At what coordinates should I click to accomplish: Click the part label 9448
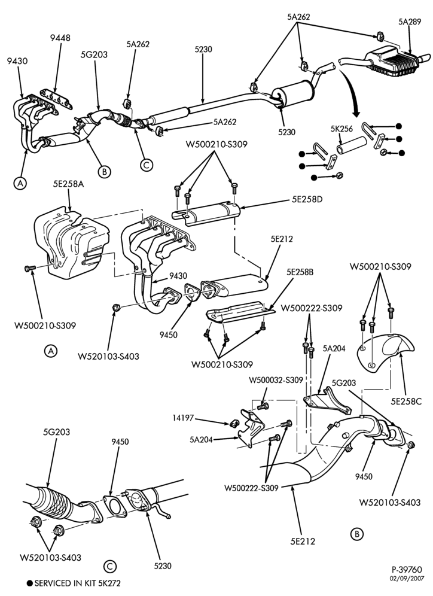tap(60, 38)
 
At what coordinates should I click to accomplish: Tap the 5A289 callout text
tap(410, 22)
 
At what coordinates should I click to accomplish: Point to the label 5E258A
tap(69, 185)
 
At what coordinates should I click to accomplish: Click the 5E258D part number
tap(307, 199)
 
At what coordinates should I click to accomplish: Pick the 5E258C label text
tap(406, 401)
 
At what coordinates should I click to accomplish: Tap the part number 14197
tap(182, 418)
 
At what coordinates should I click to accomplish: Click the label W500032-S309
tap(276, 380)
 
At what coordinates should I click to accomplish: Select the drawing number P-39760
tap(407, 570)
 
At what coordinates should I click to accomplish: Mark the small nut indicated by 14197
tap(234, 422)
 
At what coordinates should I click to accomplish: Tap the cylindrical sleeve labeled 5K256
tap(351, 146)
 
